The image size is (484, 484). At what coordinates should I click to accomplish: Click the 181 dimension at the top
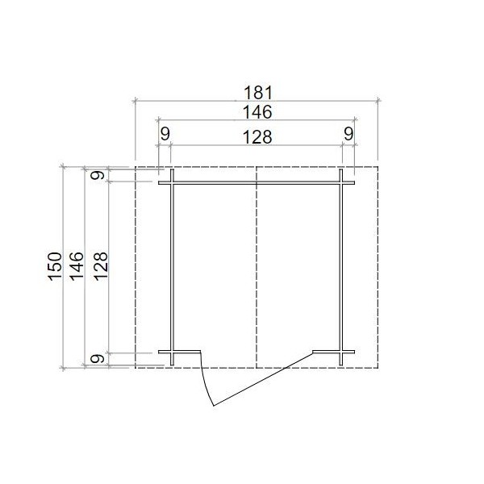coord(258,93)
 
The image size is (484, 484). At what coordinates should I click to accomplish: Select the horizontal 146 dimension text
coord(257,112)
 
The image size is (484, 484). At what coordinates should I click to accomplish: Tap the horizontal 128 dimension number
coord(257,137)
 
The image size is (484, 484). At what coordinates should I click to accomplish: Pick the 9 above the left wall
coord(165,134)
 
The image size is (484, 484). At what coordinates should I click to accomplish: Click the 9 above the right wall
coord(348,134)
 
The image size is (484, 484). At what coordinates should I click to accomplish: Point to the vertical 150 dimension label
coord(55,266)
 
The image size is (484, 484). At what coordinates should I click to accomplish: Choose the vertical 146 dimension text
coord(77,266)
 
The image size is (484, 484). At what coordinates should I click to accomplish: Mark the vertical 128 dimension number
coord(101,266)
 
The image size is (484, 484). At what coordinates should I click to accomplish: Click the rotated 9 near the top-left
coord(97,175)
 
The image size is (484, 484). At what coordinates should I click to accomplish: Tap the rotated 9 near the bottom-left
coord(97,359)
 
